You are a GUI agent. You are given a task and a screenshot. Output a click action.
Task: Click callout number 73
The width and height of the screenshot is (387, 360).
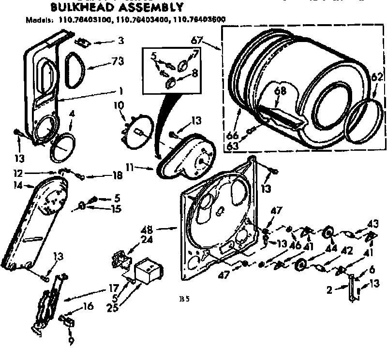(x=118, y=61)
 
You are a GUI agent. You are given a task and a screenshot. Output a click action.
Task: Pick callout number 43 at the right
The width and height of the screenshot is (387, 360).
(x=372, y=225)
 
